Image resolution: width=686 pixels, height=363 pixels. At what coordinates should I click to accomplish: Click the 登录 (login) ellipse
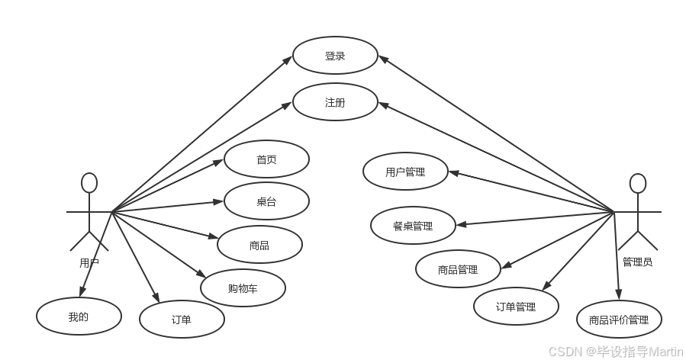click(x=335, y=56)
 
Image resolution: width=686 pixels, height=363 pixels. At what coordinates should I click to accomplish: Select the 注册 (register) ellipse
click(x=335, y=102)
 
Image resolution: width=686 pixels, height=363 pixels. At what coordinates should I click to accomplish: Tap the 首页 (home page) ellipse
click(x=266, y=160)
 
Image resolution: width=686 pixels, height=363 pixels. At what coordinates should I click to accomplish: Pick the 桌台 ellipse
click(x=266, y=202)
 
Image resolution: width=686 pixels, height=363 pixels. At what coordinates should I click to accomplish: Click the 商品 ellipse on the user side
click(x=259, y=246)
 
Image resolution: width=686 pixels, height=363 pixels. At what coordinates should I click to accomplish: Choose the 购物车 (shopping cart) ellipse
click(x=243, y=288)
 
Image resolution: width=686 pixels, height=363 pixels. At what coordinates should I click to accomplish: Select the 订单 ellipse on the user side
click(x=182, y=320)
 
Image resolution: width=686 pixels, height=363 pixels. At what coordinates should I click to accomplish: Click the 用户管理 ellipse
click(x=404, y=172)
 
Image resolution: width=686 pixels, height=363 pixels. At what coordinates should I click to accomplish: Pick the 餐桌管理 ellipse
click(x=413, y=226)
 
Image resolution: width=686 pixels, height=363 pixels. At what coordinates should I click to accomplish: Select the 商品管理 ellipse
click(x=458, y=268)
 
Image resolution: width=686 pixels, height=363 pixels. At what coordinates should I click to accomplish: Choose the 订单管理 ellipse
click(x=516, y=307)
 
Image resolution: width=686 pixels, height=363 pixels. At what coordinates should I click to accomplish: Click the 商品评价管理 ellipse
click(x=618, y=320)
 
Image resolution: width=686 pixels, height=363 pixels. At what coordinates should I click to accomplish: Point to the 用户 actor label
click(x=89, y=263)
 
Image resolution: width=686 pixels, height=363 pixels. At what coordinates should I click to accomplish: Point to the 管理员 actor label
click(x=637, y=262)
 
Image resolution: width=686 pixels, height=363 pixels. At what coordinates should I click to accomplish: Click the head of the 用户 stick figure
click(x=89, y=183)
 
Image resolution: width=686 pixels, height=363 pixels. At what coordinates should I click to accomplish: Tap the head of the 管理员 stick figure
click(x=637, y=184)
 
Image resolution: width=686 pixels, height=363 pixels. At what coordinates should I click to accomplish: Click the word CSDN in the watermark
click(x=564, y=351)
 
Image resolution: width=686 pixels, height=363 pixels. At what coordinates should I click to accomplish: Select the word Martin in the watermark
click(x=665, y=351)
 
